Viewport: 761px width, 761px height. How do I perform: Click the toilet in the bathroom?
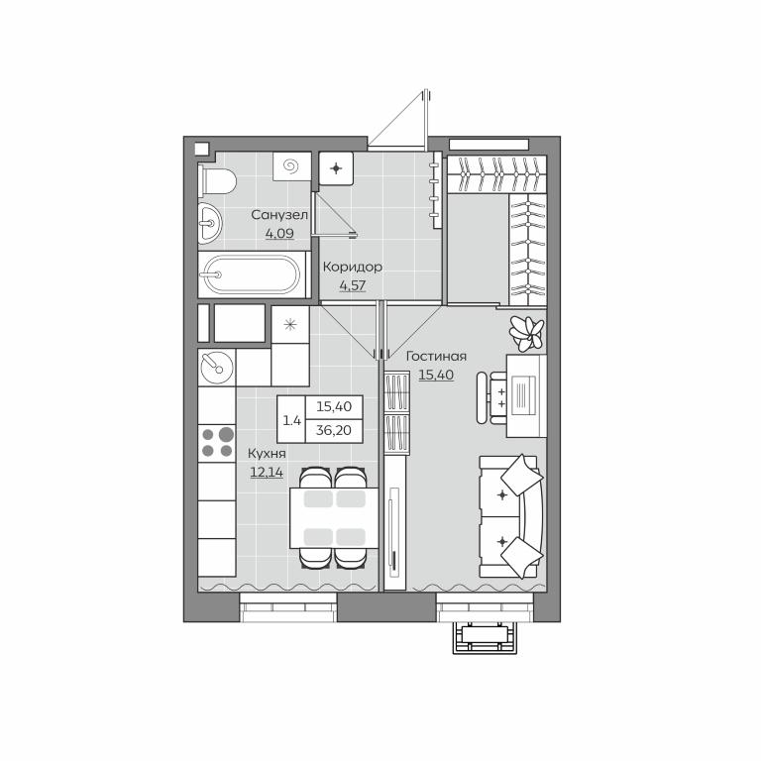(217, 182)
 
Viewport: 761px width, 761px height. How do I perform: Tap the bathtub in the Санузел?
(254, 274)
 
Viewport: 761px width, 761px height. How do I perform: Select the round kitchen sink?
(217, 367)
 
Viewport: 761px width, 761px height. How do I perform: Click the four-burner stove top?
(217, 443)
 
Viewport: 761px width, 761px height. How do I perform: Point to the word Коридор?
(353, 267)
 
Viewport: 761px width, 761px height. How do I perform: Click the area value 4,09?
(279, 234)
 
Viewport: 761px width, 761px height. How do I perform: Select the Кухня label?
(267, 454)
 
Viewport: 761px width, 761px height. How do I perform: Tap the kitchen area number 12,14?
(267, 472)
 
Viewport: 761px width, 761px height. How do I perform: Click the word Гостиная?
(436, 357)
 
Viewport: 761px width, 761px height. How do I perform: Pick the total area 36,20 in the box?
(333, 430)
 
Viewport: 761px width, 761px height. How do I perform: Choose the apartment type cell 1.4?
(292, 420)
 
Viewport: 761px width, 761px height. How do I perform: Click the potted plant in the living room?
(526, 333)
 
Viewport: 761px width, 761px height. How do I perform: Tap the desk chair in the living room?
(491, 398)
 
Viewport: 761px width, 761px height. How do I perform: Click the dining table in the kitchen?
(334, 518)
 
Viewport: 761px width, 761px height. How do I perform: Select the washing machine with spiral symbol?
(291, 166)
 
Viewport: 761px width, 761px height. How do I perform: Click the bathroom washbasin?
(210, 223)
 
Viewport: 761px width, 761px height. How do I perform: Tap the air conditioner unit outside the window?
(485, 638)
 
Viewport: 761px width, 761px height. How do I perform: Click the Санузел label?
(279, 215)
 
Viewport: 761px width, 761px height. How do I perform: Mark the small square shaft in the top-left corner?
(201, 148)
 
